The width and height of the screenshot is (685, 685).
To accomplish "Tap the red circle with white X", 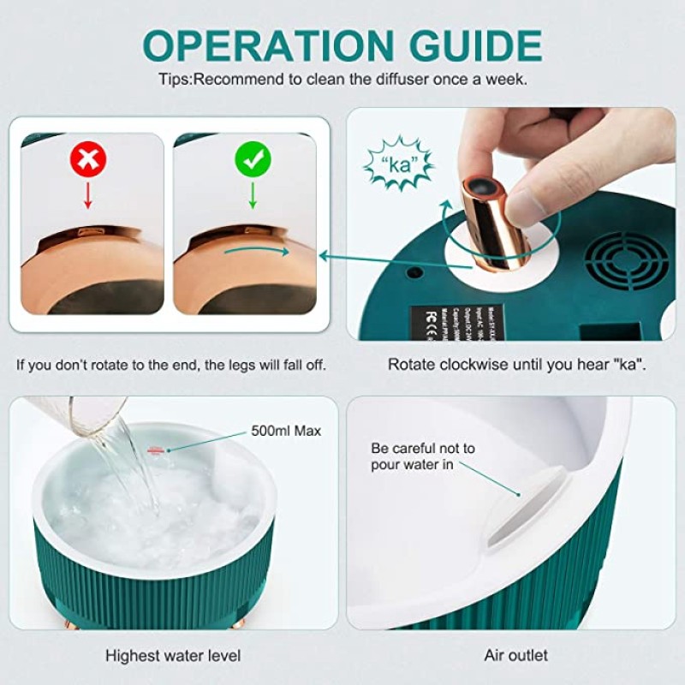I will (x=87, y=159).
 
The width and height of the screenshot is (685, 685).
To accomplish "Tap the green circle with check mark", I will (x=253, y=158).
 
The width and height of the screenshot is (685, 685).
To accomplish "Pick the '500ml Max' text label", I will (x=286, y=431).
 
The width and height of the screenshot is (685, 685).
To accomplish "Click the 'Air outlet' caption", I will (x=516, y=656).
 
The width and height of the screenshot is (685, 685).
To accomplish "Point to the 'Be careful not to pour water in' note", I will (x=422, y=456).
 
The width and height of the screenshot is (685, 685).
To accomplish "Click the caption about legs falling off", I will (x=171, y=364).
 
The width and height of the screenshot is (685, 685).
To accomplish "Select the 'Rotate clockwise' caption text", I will (x=517, y=364).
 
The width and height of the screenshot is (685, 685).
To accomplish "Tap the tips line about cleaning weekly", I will (x=342, y=78).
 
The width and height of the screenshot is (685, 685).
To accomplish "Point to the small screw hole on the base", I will (x=415, y=273).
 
